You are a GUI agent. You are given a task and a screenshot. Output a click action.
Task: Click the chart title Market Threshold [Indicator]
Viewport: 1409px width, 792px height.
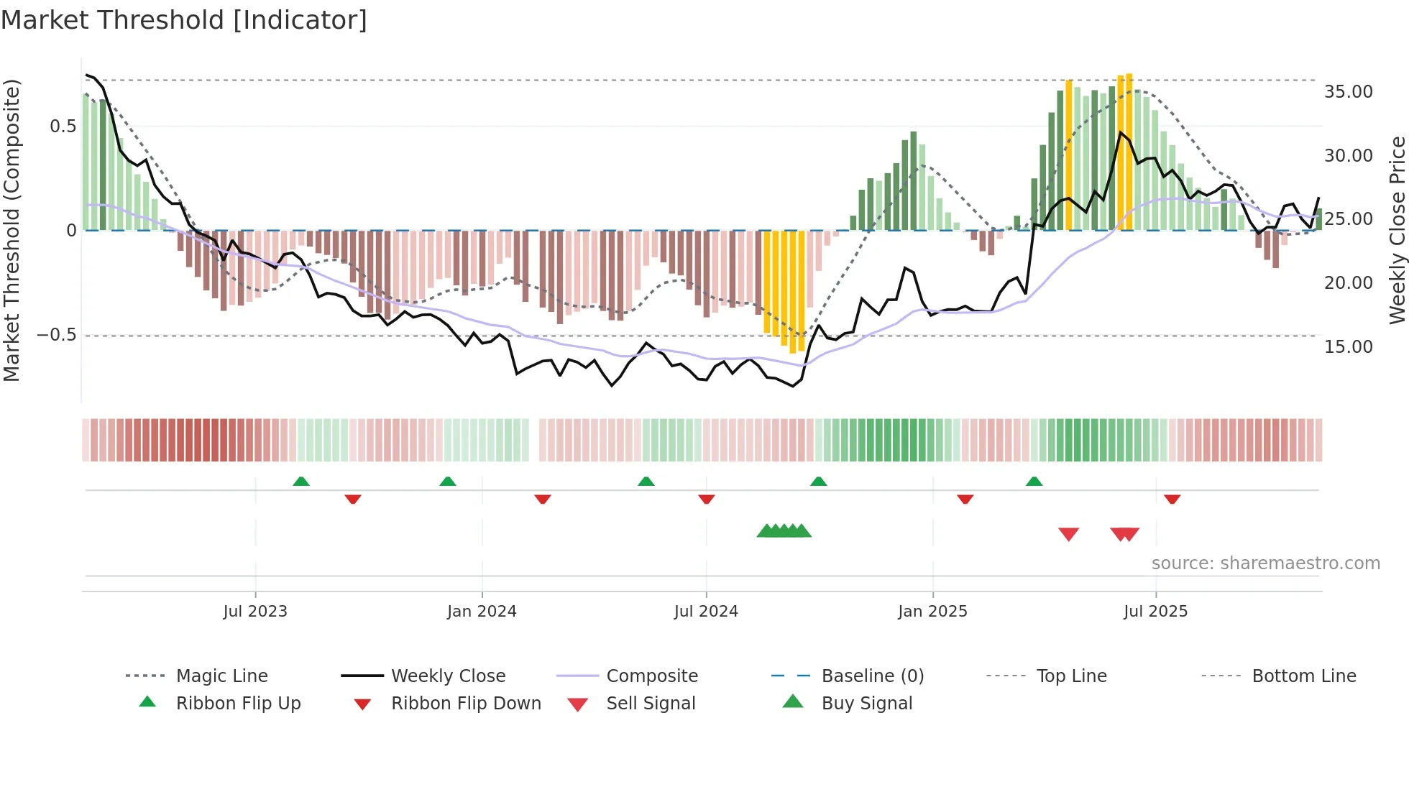click(184, 20)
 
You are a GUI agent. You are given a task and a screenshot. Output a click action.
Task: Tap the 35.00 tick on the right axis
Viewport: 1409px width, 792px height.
click(1348, 92)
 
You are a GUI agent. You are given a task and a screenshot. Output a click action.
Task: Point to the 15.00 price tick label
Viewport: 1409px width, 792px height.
click(1348, 347)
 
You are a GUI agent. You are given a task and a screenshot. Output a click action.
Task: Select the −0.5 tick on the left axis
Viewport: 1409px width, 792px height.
click(56, 336)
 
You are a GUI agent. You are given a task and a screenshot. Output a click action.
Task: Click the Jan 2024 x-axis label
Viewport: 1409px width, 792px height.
click(482, 612)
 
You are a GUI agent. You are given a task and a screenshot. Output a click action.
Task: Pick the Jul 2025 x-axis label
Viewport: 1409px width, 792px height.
click(1155, 612)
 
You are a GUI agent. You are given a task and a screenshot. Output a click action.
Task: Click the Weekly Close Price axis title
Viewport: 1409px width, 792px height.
click(1397, 230)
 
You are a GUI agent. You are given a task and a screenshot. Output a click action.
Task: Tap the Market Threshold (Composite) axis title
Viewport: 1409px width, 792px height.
click(12, 230)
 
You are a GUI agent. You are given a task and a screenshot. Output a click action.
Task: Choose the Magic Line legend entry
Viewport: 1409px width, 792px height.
click(221, 676)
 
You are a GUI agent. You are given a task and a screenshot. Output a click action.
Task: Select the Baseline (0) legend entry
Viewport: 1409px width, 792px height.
click(872, 676)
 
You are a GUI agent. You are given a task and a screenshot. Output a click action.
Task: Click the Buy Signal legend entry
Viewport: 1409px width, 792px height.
click(866, 704)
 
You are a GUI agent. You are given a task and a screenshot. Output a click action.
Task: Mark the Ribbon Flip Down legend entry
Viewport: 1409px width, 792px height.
click(465, 704)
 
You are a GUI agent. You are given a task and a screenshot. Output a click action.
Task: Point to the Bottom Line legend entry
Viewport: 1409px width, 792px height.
click(1303, 676)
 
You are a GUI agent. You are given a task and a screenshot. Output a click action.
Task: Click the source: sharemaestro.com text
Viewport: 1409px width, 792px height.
click(1265, 563)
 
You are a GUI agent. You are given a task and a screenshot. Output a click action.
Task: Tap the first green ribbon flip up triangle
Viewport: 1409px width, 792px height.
click(301, 482)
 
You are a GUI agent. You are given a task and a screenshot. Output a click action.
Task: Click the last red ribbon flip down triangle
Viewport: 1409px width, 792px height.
click(1172, 499)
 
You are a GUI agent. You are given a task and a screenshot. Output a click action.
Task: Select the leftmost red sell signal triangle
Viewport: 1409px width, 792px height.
click(1069, 534)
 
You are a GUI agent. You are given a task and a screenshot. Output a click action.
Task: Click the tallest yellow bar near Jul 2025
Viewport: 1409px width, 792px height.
click(1129, 151)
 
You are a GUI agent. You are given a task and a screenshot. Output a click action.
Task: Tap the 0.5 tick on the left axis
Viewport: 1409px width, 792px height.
click(63, 126)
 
